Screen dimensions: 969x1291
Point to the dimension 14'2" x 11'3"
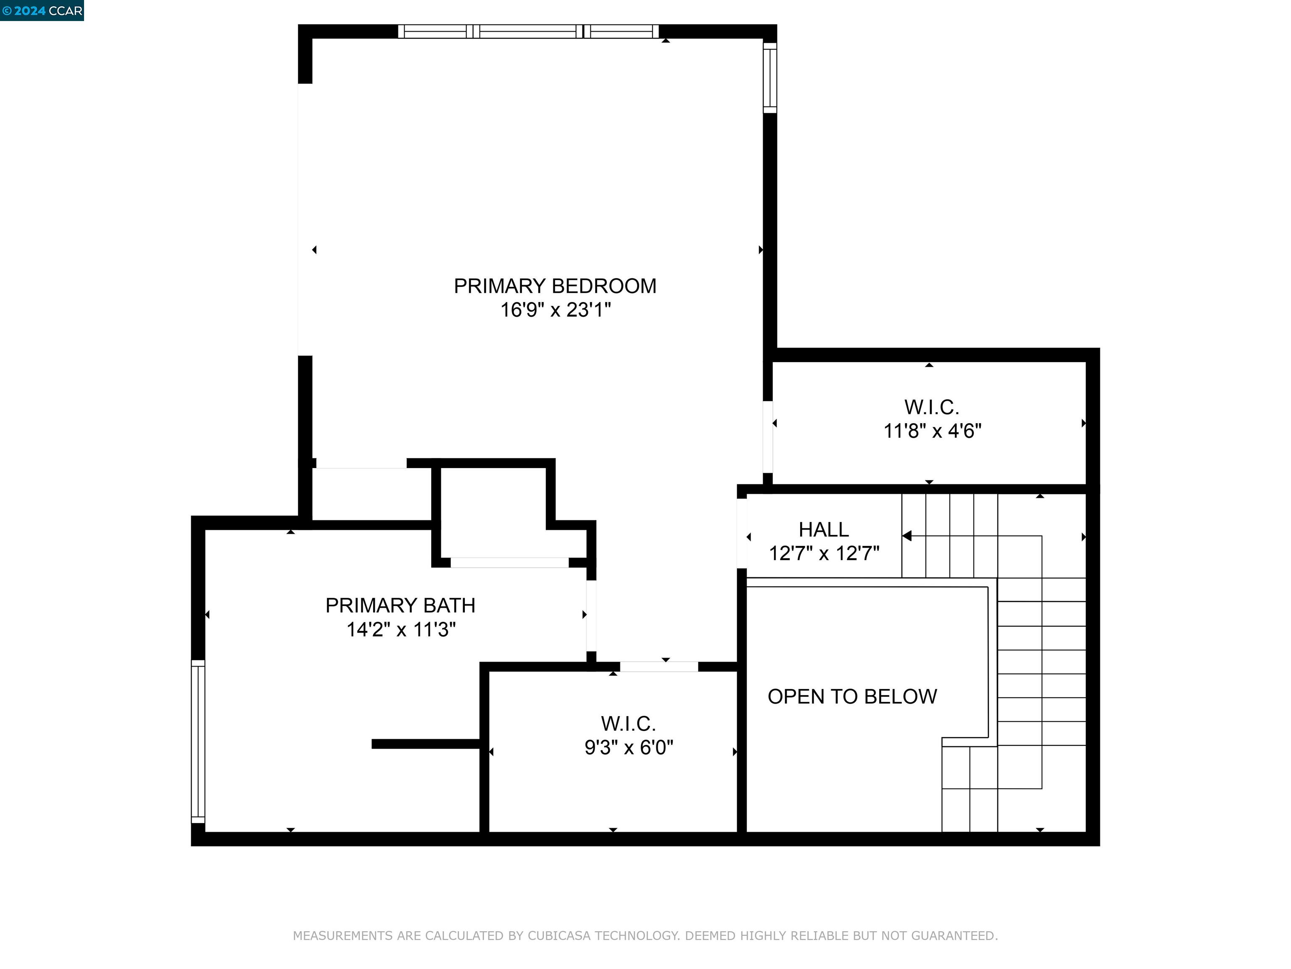pyautogui.click(x=400, y=630)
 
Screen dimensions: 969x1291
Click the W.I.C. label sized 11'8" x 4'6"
pyautogui.click(x=932, y=407)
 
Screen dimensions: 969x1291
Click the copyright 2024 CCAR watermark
pyautogui.click(x=42, y=11)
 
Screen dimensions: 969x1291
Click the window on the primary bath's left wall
pyautogui.click(x=198, y=741)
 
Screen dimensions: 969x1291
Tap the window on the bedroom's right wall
pyautogui.click(x=770, y=78)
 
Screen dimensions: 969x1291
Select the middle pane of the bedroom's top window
pyautogui.click(x=528, y=32)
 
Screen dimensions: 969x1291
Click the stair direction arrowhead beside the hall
pyautogui.click(x=906, y=536)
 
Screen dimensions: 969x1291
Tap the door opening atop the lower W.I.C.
pyautogui.click(x=659, y=667)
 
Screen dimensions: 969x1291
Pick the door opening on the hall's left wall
pyautogui.click(x=742, y=533)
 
